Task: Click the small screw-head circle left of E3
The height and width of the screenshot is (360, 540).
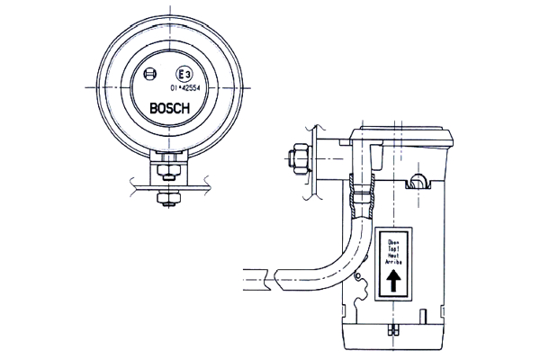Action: click(149, 75)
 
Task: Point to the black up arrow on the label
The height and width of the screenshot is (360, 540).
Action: click(393, 283)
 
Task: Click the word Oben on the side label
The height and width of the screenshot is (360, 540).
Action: click(393, 242)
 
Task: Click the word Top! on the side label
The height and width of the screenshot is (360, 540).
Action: click(393, 249)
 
